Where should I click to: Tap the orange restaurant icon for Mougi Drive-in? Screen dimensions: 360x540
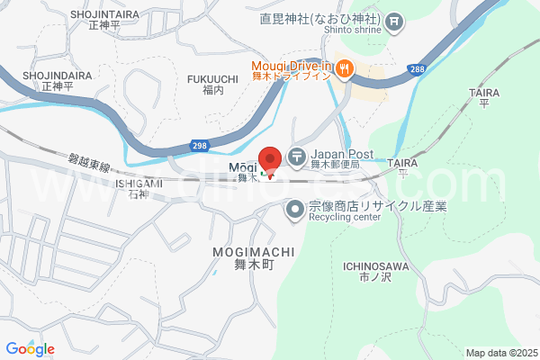[346, 67]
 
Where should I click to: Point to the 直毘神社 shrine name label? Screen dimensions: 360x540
[319, 19]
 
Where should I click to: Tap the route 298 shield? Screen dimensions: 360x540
[200, 145]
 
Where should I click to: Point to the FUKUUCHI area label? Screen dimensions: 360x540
[212, 79]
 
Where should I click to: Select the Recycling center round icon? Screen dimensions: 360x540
[293, 211]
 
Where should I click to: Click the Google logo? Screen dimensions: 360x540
[30, 349]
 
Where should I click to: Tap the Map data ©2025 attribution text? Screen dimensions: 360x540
[499, 353]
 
